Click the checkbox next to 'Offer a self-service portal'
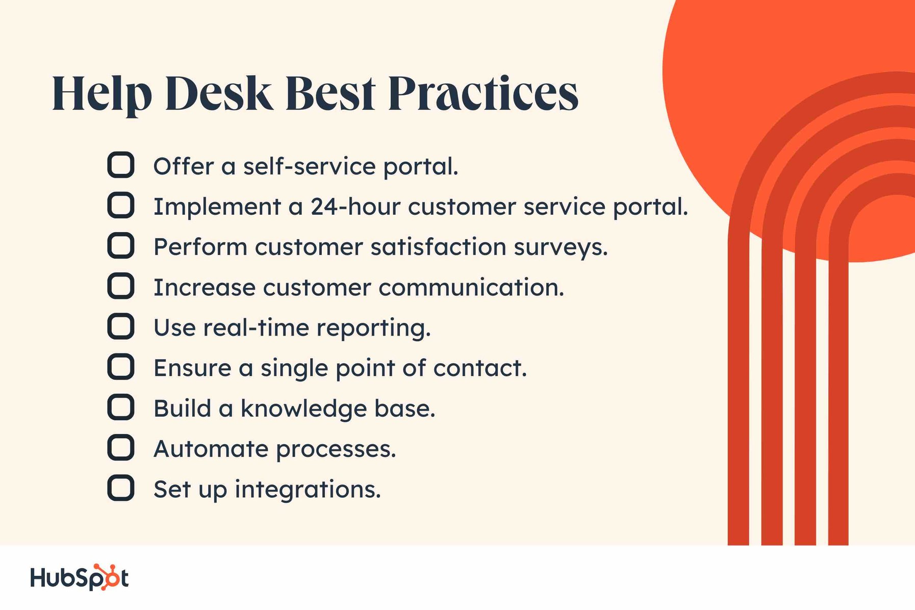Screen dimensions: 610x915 click(121, 165)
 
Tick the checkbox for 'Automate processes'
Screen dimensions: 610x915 click(121, 448)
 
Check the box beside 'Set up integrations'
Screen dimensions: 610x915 click(121, 488)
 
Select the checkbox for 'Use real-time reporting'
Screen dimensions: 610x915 click(121, 326)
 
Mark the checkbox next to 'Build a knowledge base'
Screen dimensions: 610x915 click(121, 407)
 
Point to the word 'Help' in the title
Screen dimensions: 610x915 click(102, 94)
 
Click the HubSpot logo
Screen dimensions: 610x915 click(79, 578)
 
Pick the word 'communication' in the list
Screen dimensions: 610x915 click(471, 288)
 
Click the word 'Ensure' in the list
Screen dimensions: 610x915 click(192, 368)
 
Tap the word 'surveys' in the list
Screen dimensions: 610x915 click(560, 247)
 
